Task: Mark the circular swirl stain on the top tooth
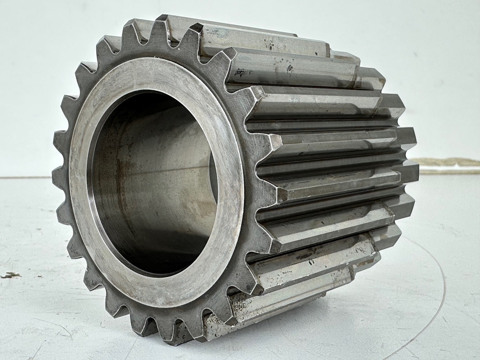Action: coord(221,36)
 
